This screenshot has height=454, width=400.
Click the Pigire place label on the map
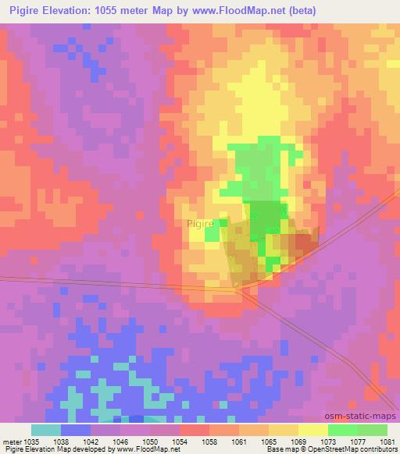pos(200,223)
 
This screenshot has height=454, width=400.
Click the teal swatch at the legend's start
pos(46,430)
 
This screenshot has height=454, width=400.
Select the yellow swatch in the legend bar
pos(312,430)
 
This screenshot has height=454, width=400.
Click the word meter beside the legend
pos(10,440)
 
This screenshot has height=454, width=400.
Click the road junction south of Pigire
pos(240,289)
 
